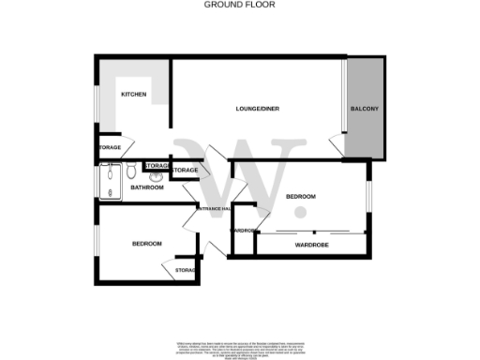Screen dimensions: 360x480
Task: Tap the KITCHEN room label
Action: click(x=134, y=94)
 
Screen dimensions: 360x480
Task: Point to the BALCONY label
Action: click(x=365, y=110)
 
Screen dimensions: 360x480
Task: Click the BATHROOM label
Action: click(x=147, y=187)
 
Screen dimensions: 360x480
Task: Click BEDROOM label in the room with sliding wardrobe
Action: click(x=301, y=196)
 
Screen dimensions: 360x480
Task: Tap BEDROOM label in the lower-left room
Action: click(x=146, y=244)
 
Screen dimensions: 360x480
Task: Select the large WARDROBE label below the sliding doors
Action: click(x=308, y=245)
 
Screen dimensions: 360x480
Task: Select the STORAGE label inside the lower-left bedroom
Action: click(x=185, y=271)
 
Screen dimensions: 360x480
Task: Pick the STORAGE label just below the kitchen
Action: click(x=108, y=147)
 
